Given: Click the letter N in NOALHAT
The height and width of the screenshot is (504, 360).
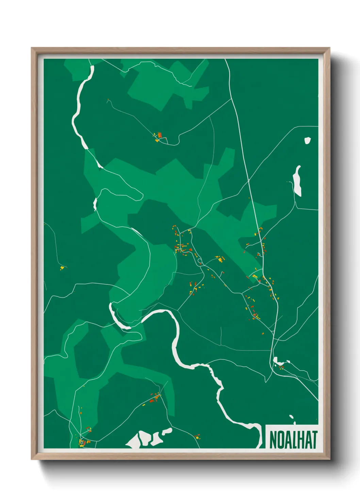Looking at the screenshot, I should [273, 440].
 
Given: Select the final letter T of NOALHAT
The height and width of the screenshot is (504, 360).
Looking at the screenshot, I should [314, 440].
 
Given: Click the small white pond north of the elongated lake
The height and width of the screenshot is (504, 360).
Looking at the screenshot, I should [307, 140].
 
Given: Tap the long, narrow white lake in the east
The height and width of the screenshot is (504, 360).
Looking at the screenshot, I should [297, 180].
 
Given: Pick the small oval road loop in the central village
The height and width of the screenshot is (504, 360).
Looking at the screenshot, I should [200, 261].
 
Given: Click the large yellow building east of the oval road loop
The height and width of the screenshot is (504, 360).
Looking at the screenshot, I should [220, 260].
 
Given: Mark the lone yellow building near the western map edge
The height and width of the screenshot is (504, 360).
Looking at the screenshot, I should [62, 268].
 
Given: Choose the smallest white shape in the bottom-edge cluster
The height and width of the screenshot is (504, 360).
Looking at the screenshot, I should [167, 431].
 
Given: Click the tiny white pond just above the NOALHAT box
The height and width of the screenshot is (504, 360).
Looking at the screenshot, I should [291, 417].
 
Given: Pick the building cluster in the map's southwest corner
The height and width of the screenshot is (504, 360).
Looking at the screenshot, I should [82, 442].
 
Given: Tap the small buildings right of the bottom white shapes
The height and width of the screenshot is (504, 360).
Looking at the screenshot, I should [197, 436].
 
